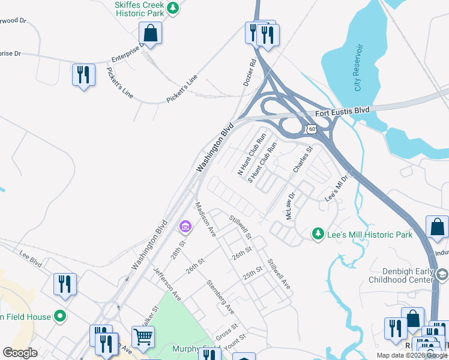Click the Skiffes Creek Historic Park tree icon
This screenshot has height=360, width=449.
(x=173, y=8)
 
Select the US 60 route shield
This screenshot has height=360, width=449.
(x=311, y=128)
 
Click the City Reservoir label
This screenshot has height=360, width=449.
(x=358, y=67)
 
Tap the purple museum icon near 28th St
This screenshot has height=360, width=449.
(x=185, y=227)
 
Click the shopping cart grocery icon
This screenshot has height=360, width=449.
(x=143, y=338)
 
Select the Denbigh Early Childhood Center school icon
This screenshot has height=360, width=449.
(x=442, y=275)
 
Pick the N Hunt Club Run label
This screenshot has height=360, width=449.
(x=252, y=154)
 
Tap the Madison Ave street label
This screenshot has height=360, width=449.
(x=205, y=219)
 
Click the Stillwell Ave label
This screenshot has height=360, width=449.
(x=279, y=274)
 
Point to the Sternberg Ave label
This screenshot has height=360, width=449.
(x=220, y=296)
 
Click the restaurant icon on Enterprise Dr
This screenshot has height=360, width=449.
(x=83, y=75)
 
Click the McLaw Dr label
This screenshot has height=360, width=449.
(x=291, y=205)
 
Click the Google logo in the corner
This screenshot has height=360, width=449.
(x=20, y=353)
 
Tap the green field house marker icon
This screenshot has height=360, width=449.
(x=59, y=315)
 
